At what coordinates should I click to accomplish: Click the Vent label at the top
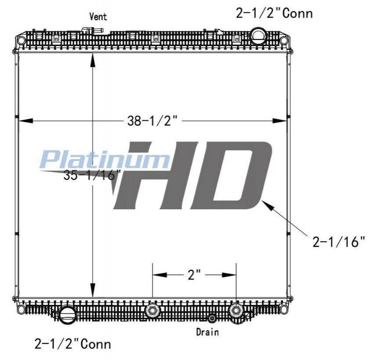tap(98, 17)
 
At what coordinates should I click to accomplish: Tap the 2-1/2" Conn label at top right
tap(274, 14)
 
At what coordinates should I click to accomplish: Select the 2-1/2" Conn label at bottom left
tap(72, 343)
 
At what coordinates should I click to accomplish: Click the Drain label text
tap(207, 332)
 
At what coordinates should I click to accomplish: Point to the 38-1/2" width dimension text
tap(152, 121)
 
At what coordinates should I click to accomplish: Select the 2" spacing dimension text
tap(194, 275)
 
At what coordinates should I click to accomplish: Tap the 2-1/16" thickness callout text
tap(339, 242)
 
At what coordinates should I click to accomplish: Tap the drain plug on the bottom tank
tap(212, 318)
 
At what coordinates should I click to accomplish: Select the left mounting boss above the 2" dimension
tap(152, 310)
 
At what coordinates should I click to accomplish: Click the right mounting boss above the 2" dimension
tap(236, 310)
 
